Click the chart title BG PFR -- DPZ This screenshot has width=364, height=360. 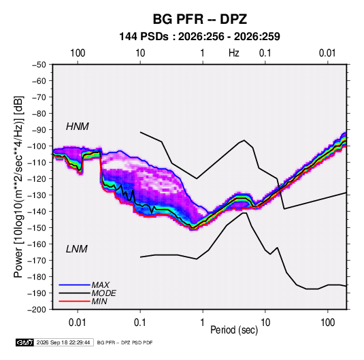[199, 19]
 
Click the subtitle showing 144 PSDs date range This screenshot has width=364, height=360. [199, 37]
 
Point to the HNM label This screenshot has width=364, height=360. [78, 127]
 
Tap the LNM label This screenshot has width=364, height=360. [77, 249]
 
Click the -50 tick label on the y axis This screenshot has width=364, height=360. [39, 65]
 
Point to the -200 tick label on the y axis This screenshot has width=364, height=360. [37, 310]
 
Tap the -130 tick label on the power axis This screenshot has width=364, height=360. [37, 195]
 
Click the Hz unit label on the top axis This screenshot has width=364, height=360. [234, 53]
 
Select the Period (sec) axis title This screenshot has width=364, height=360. [234, 330]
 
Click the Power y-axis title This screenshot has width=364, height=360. [18, 187]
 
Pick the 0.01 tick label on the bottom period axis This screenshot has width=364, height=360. [78, 323]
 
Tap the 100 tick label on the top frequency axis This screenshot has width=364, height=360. [78, 53]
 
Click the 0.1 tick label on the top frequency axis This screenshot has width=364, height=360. [265, 53]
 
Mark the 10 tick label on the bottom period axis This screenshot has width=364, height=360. [265, 323]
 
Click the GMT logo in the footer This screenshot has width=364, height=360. [24, 342]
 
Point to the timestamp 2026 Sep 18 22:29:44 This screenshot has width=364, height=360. [63, 342]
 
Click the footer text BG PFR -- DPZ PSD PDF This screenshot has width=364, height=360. [125, 342]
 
